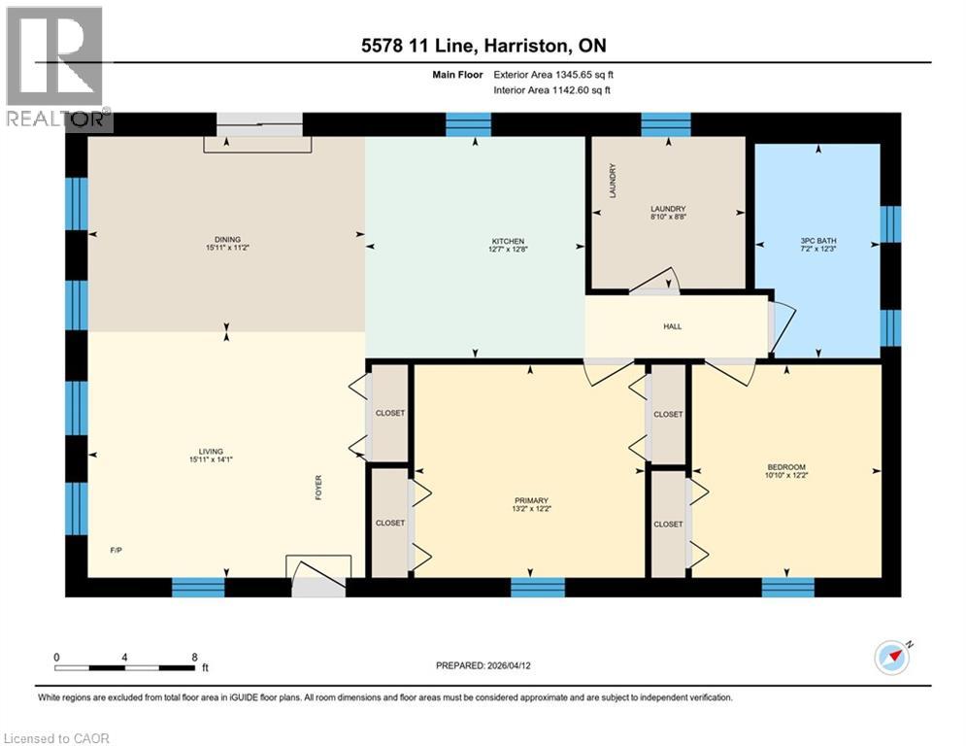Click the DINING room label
point(227,240)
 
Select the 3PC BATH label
point(817,240)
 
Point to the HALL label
point(672,326)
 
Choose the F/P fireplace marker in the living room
point(116,550)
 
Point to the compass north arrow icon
point(892,657)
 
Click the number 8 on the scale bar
point(194,657)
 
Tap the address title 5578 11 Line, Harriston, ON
point(483,46)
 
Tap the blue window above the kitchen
point(469,124)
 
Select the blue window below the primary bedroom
point(538,587)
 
